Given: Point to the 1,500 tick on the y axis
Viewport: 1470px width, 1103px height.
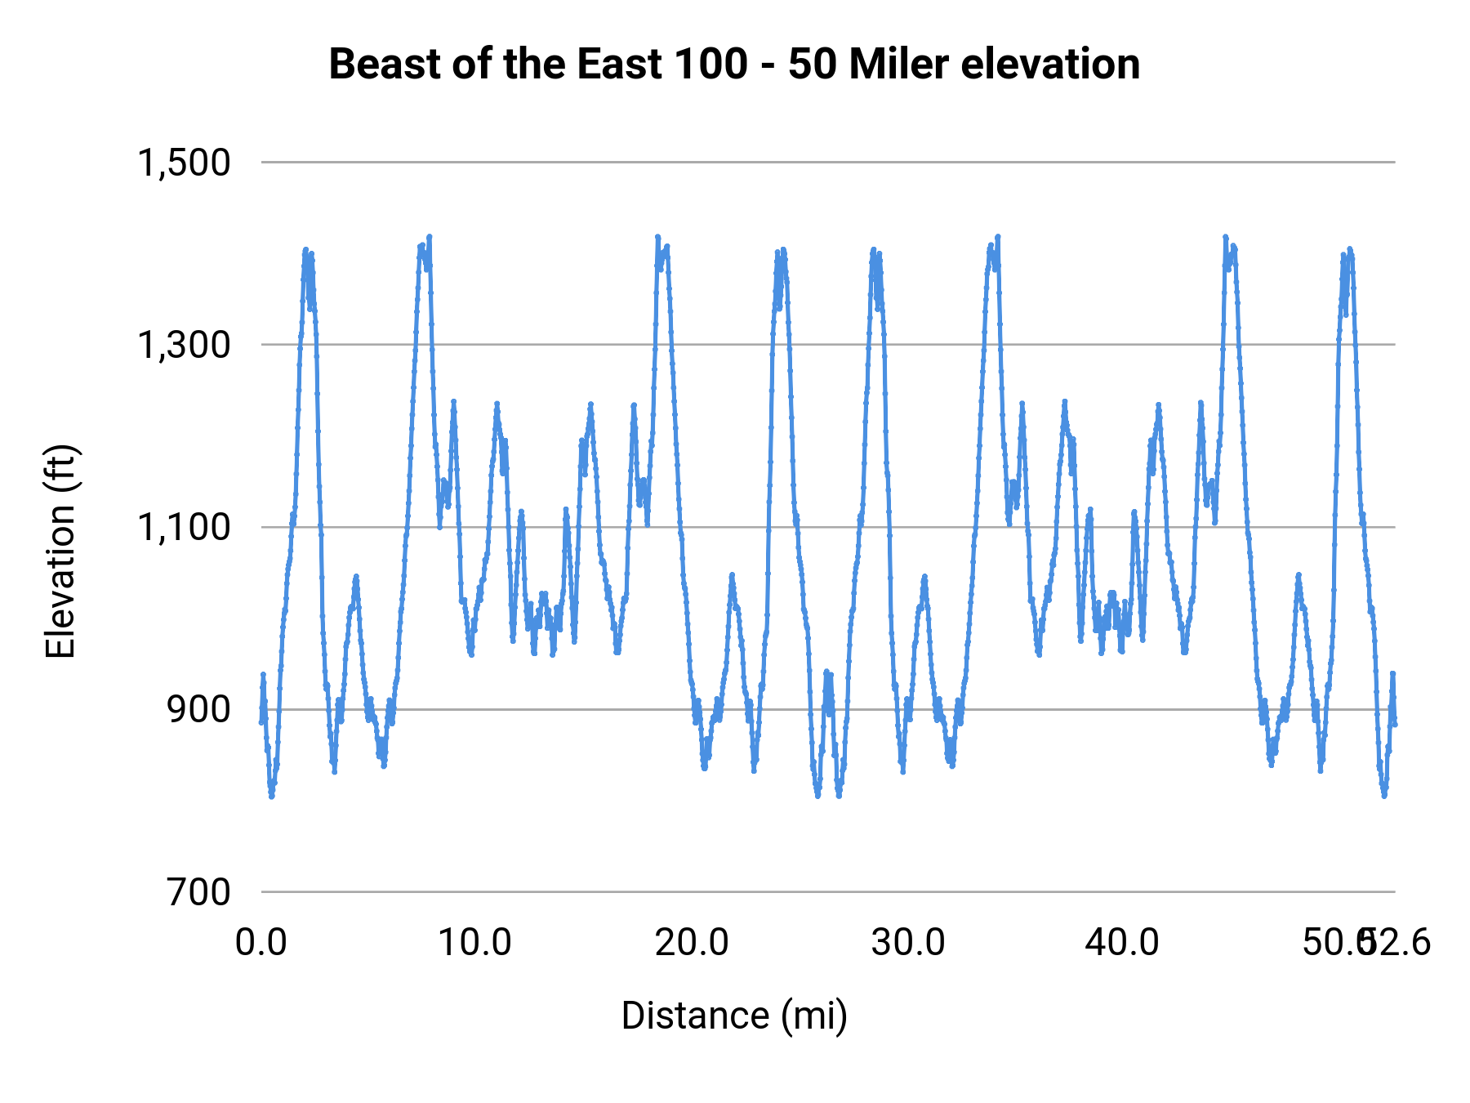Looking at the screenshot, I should tap(184, 163).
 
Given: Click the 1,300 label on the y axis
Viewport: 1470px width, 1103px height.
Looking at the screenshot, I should tap(184, 345).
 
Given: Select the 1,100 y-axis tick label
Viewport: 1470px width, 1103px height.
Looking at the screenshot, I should tap(184, 527).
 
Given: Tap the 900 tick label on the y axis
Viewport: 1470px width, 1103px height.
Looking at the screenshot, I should tap(199, 709).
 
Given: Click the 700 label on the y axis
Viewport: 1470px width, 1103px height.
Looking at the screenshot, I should tap(199, 891).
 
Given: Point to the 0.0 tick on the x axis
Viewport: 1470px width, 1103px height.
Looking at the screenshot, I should tap(261, 943).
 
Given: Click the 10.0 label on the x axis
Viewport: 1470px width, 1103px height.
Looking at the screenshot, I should tap(475, 943).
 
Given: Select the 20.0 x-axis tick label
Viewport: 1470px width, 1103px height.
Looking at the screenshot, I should tap(692, 943).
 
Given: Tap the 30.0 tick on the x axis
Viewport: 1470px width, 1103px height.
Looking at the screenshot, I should tap(907, 943).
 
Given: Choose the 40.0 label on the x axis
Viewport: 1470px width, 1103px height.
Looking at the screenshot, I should tap(1122, 943).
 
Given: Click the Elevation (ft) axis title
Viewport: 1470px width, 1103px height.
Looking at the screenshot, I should tap(60, 551).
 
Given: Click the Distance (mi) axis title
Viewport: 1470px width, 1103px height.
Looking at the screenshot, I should tap(734, 1016).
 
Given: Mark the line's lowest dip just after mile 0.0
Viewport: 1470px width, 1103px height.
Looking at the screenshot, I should tap(271, 795).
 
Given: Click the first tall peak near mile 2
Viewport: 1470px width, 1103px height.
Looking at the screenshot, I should tap(305, 250).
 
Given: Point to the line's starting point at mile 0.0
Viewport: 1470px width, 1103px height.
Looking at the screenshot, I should tap(261, 722).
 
